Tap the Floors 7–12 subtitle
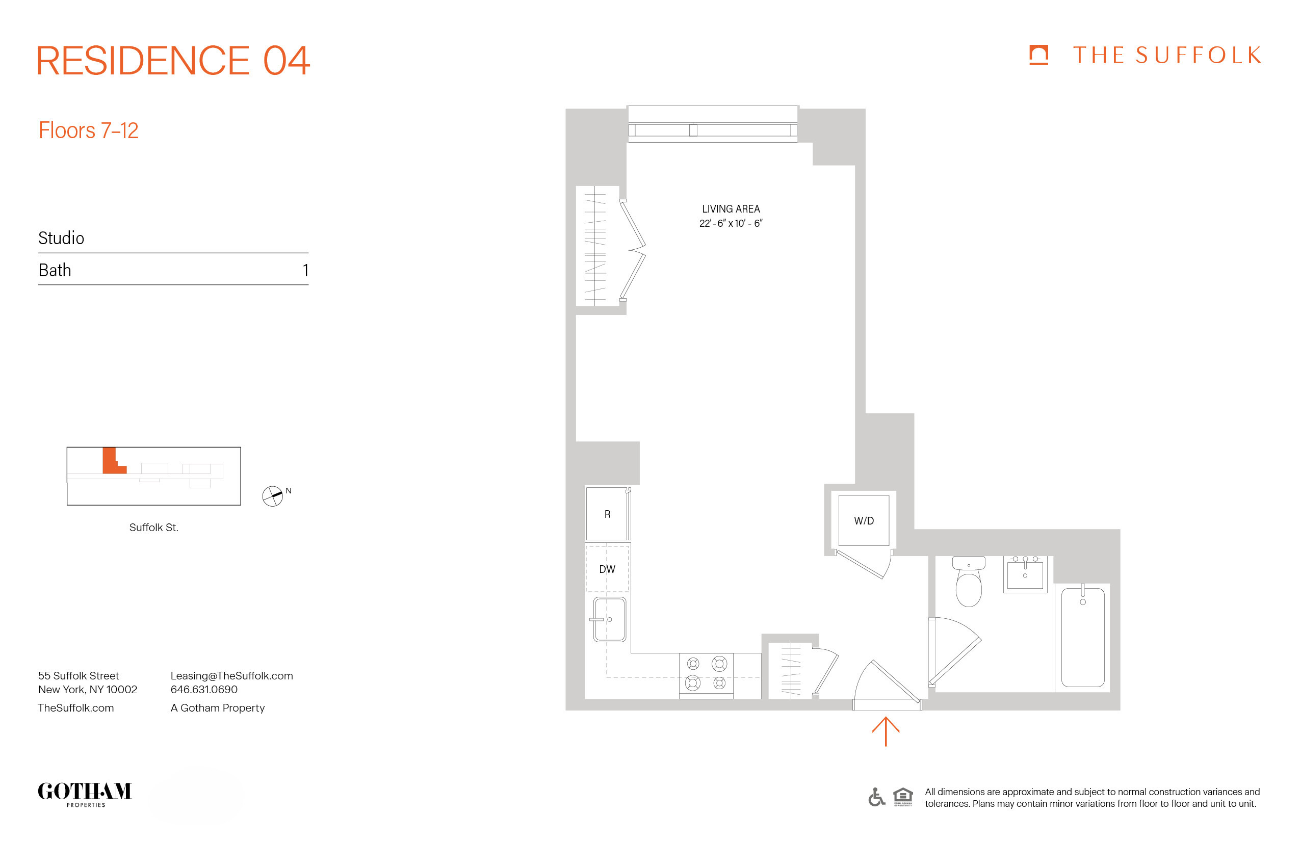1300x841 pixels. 89,130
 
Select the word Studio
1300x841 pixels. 61,238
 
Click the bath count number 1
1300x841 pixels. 305,270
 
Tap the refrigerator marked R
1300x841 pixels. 607,514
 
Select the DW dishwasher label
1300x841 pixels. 607,569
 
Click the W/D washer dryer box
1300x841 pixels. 864,520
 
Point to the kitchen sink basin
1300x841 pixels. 610,619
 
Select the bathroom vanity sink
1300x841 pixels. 1025,574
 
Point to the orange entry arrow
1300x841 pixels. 886,732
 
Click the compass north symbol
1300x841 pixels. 273,496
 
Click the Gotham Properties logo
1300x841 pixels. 85,793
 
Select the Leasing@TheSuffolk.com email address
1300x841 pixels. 231,675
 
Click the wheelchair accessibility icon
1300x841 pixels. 876,797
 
